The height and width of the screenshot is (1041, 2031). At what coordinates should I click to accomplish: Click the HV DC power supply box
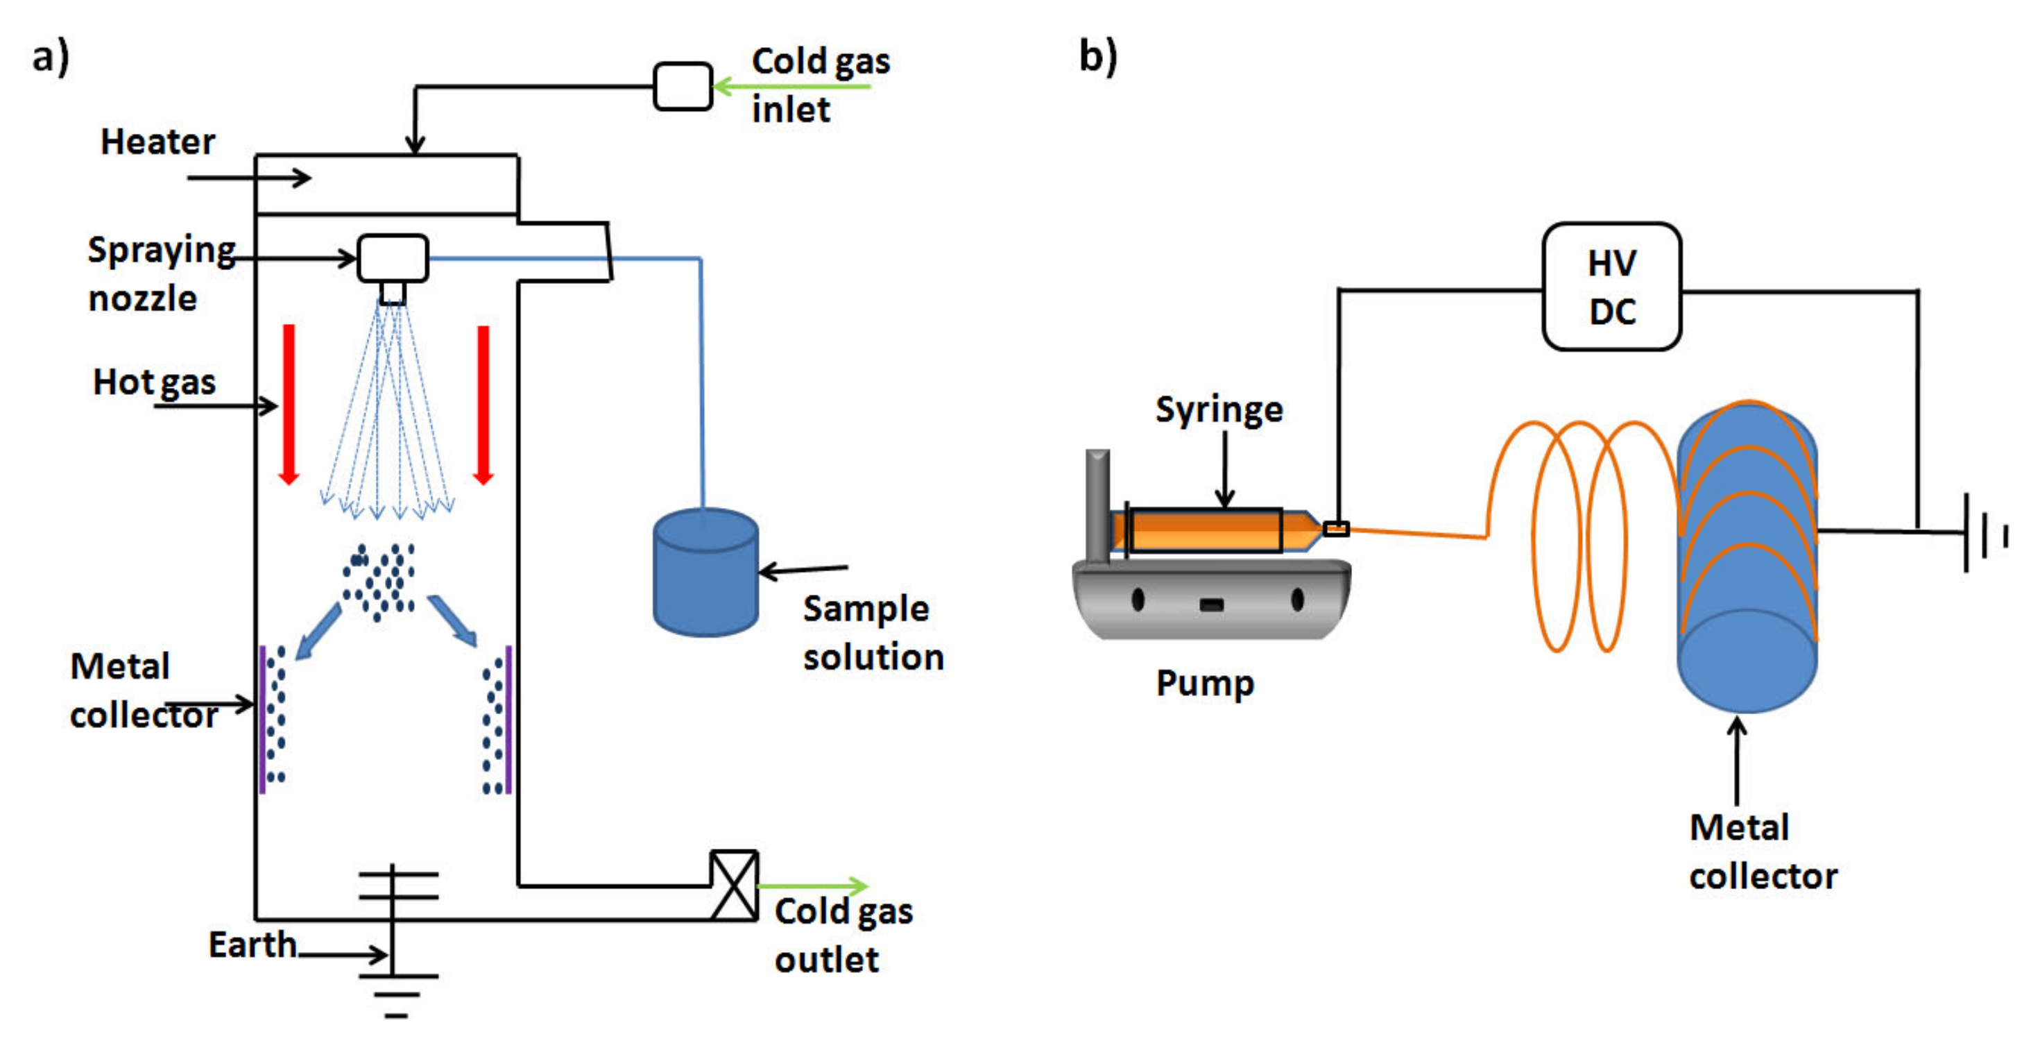tap(1611, 286)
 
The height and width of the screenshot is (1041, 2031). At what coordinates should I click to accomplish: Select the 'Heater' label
tap(157, 142)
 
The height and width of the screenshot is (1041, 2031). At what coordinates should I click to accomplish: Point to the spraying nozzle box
tap(393, 258)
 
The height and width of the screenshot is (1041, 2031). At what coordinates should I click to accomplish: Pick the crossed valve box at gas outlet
tap(734, 885)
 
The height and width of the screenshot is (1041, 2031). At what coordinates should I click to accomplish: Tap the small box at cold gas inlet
tap(683, 86)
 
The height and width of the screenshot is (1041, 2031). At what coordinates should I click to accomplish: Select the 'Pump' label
tap(1204, 684)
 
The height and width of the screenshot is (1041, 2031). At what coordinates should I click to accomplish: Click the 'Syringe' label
tap(1219, 409)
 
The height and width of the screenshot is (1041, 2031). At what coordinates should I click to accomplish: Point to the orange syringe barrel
tap(1205, 530)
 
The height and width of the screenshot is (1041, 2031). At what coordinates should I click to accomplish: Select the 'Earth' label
tap(252, 944)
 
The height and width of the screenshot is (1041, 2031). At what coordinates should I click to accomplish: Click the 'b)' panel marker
tap(1097, 57)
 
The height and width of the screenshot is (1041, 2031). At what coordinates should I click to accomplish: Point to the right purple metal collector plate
tap(508, 719)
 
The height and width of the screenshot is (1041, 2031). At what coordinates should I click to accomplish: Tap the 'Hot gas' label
tap(155, 382)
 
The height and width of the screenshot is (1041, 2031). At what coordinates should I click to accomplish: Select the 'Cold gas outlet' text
tap(843, 936)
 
